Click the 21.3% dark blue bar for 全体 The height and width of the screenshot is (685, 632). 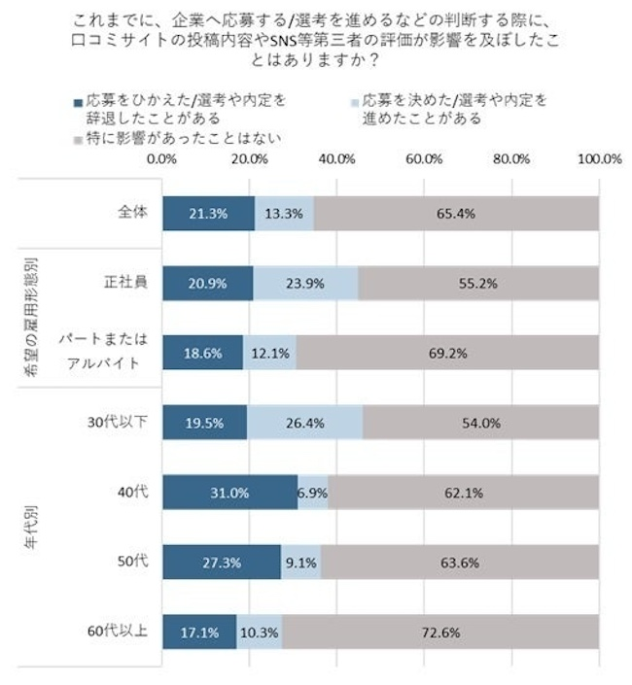point(208,214)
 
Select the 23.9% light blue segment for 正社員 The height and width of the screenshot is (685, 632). point(305,285)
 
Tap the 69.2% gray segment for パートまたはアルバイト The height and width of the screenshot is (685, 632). point(448,352)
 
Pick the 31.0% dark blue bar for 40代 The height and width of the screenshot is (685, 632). point(230,494)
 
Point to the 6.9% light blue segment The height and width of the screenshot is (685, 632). point(313,494)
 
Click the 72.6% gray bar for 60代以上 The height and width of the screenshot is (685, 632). point(440,633)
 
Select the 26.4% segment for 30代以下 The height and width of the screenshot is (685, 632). point(304,424)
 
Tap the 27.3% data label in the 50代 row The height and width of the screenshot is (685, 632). point(222,563)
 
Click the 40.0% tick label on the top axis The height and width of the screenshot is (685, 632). point(336,158)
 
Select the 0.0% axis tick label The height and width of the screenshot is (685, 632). point(161,158)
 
